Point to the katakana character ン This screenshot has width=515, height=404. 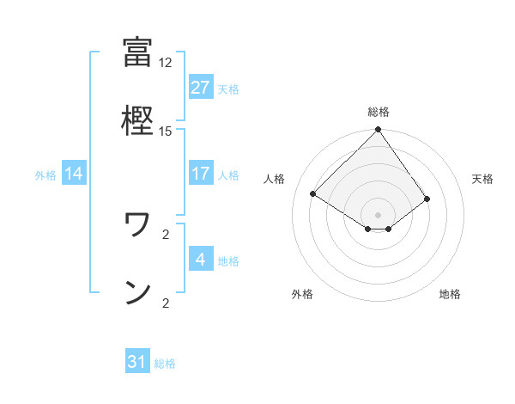[137, 292]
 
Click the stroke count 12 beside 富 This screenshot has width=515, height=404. [165, 63]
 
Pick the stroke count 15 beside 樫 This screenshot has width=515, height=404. [165, 131]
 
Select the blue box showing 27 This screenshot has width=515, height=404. [200, 88]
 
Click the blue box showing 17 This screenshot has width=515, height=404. [200, 174]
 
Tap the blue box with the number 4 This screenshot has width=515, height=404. [200, 260]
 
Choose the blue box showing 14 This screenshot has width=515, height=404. [74, 174]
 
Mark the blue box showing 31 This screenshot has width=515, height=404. [137, 362]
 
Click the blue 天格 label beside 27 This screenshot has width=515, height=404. [228, 89]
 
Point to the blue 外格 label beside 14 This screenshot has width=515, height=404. [45, 174]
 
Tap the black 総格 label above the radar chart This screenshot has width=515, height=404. [378, 112]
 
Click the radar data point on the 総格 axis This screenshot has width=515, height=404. [378, 131]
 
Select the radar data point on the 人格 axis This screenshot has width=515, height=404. [313, 193]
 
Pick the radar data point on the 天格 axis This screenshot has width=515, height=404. [427, 199]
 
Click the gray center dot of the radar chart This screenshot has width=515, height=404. [378, 214]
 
